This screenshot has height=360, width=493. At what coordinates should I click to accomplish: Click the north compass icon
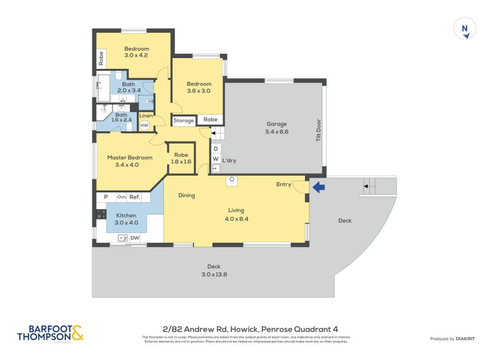465,29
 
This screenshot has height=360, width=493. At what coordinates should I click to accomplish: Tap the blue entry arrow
318,186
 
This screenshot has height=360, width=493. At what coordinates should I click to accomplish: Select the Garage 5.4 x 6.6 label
277,128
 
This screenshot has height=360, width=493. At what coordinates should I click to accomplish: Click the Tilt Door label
319,131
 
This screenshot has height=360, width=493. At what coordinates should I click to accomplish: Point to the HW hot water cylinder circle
145,125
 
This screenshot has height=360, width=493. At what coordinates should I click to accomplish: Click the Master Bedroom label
129,161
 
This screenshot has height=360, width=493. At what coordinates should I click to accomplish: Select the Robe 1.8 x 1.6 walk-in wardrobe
181,158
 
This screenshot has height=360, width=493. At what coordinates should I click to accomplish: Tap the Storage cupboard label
183,121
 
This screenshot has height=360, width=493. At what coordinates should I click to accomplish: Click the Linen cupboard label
146,115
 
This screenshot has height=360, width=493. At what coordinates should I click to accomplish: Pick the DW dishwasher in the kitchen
135,238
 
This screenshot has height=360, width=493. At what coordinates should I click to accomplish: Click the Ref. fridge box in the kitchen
135,197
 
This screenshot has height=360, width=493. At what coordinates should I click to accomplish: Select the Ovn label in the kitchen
121,197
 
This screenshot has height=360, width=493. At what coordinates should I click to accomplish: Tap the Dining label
187,195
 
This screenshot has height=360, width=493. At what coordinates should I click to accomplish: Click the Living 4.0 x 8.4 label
237,214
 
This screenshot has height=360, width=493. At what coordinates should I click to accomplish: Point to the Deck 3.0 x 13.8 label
214,271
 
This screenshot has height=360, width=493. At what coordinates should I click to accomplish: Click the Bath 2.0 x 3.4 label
129,87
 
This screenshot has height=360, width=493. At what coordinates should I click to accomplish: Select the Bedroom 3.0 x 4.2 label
137,52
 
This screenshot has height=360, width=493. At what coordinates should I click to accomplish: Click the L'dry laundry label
229,161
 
